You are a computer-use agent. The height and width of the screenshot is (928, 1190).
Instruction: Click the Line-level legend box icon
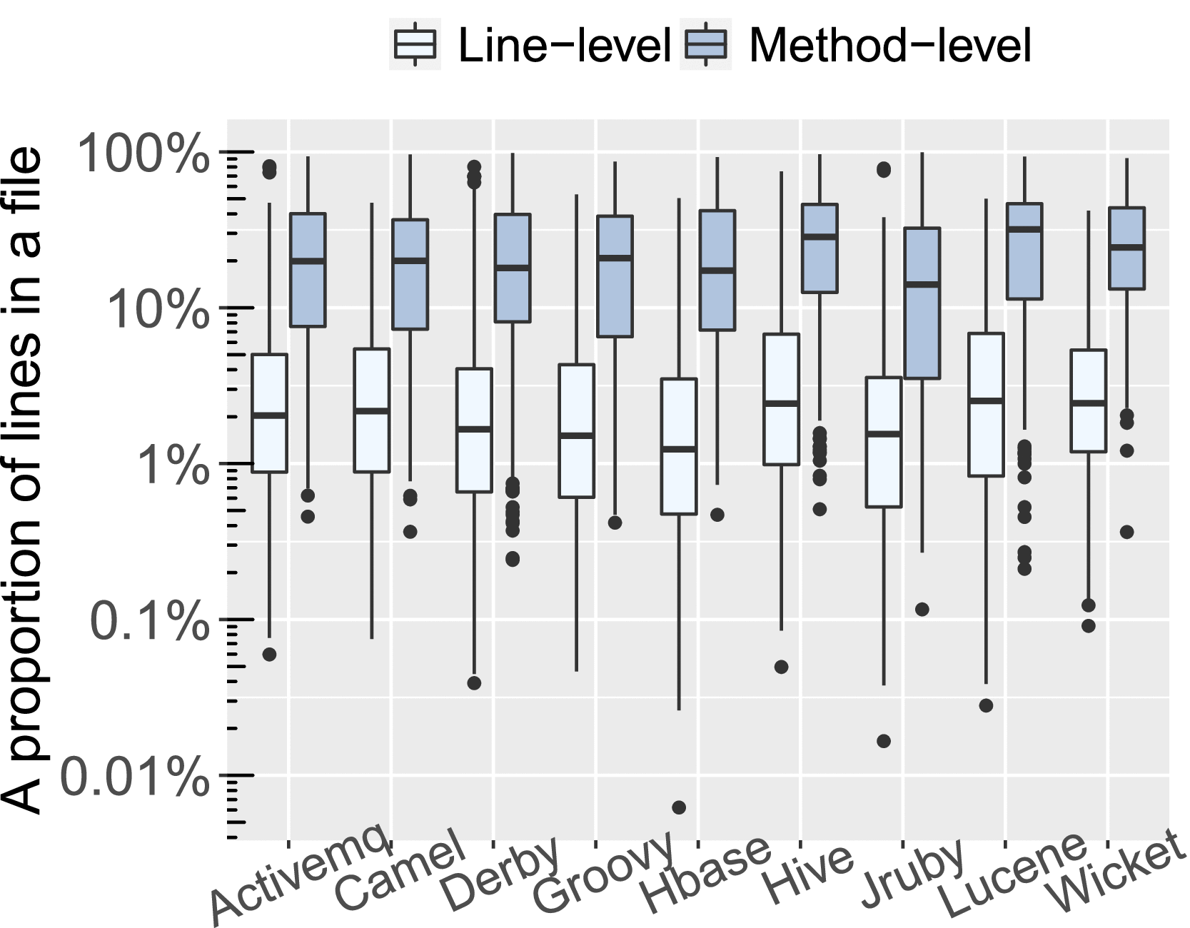click(x=415, y=44)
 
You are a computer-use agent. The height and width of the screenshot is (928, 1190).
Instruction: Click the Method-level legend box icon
click(x=705, y=44)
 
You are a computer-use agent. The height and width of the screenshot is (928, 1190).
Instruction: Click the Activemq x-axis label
click(x=301, y=878)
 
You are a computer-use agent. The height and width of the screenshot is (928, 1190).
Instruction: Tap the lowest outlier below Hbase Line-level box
click(x=679, y=807)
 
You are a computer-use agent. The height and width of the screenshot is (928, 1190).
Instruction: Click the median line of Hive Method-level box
click(x=820, y=236)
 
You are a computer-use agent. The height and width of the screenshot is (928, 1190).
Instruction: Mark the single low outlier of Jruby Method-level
click(x=922, y=609)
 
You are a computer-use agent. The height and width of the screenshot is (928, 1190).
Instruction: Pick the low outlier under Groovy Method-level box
click(x=615, y=523)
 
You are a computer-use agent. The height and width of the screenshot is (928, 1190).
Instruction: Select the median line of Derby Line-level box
click(x=474, y=429)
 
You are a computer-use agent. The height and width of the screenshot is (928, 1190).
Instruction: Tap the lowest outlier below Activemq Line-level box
click(x=270, y=654)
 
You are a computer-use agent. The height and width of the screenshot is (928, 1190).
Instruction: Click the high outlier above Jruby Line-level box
click(x=884, y=169)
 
